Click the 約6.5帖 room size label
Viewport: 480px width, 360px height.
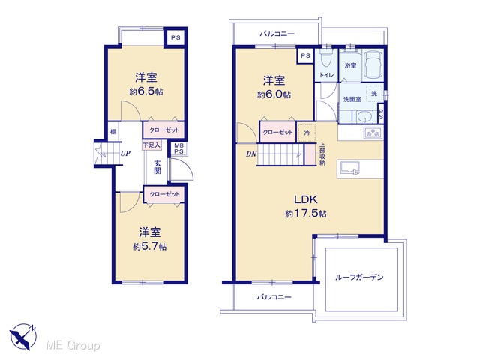pos(146,91)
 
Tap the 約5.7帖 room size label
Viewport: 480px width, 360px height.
pos(150,247)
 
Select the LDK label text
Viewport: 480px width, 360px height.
pos(306,199)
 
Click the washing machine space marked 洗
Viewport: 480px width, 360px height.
pos(374,93)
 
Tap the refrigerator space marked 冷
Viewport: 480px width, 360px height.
pos(307,133)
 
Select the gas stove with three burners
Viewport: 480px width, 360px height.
pos(373,133)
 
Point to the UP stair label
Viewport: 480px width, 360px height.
pos(125,153)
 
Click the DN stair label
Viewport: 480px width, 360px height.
pos(251,154)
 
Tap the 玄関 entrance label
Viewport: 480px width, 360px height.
pos(157,166)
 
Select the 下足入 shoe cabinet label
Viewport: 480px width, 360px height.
pos(151,145)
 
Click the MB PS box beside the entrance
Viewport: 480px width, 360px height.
pos(178,148)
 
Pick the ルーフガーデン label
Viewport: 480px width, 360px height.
pos(359,277)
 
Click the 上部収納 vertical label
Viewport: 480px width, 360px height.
pos(322,154)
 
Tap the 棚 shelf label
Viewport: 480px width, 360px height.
pos(113,132)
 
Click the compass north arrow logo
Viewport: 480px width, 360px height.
pos(23,337)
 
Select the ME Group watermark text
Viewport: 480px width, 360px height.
pos(73,346)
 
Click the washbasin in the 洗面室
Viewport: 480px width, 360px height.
pos(364,117)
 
